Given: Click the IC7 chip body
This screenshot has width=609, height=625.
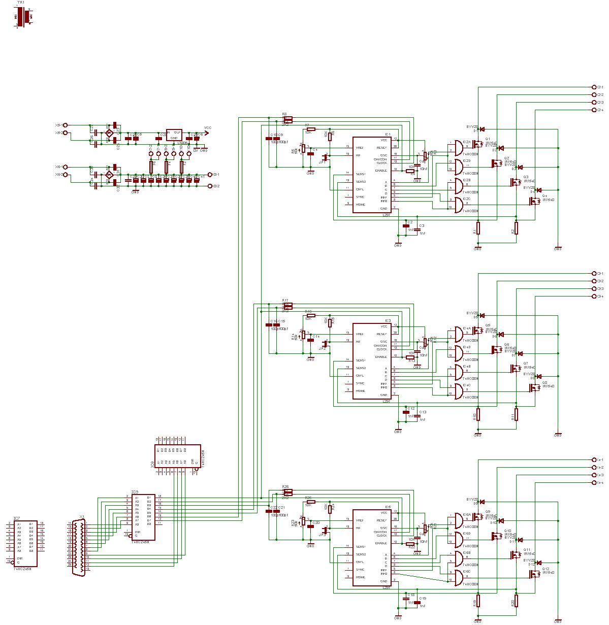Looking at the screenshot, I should point(25,543).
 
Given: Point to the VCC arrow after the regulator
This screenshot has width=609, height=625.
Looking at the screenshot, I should point(207,133).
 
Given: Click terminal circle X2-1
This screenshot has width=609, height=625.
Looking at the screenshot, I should point(594,87).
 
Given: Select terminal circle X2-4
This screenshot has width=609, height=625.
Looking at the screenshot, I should point(594,110).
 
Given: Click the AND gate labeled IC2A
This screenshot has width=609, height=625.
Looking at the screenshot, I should point(456,147).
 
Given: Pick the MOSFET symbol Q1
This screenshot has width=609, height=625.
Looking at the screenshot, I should point(478,144).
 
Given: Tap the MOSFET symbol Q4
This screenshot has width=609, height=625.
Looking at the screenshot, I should point(535,201).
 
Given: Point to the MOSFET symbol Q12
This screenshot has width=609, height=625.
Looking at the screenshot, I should point(535,574).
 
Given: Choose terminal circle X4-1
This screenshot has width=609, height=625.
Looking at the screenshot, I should point(594,459).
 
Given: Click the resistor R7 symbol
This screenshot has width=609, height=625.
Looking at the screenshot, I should point(311,129).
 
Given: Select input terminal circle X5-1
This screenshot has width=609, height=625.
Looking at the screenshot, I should point(65,125).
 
